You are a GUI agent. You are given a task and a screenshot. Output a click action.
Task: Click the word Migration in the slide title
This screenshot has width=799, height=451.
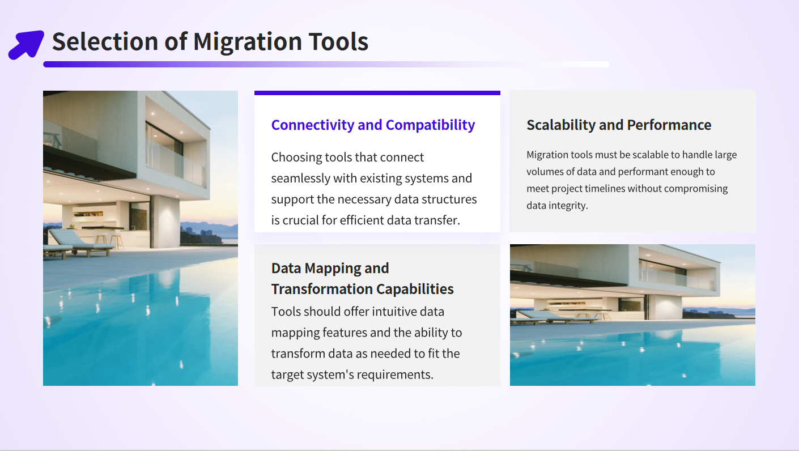(248, 42)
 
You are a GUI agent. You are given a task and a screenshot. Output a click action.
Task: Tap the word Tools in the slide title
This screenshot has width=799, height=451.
(338, 41)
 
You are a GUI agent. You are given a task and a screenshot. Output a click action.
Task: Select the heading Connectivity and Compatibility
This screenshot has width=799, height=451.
(373, 125)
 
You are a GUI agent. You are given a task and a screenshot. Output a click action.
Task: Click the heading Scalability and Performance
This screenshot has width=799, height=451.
(619, 125)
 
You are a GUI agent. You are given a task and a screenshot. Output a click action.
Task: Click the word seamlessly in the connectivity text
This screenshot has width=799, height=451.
(300, 178)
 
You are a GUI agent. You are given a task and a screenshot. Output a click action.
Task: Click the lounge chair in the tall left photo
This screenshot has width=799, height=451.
(80, 243)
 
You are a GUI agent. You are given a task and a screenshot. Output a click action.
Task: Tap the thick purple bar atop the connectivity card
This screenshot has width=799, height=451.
(377, 93)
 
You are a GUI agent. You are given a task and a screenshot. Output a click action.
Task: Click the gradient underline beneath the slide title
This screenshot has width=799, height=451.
(326, 64)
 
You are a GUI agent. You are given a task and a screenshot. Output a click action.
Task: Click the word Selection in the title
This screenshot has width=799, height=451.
(105, 41)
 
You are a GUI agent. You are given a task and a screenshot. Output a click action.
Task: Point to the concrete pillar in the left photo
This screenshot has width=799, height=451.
(166, 221)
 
